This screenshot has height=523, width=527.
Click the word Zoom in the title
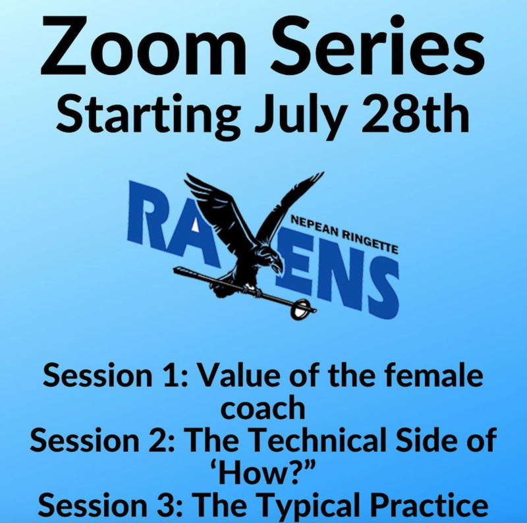coord(144,45)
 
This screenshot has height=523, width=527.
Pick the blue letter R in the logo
coord(148,211)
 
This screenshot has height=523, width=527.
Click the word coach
coord(263,406)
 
